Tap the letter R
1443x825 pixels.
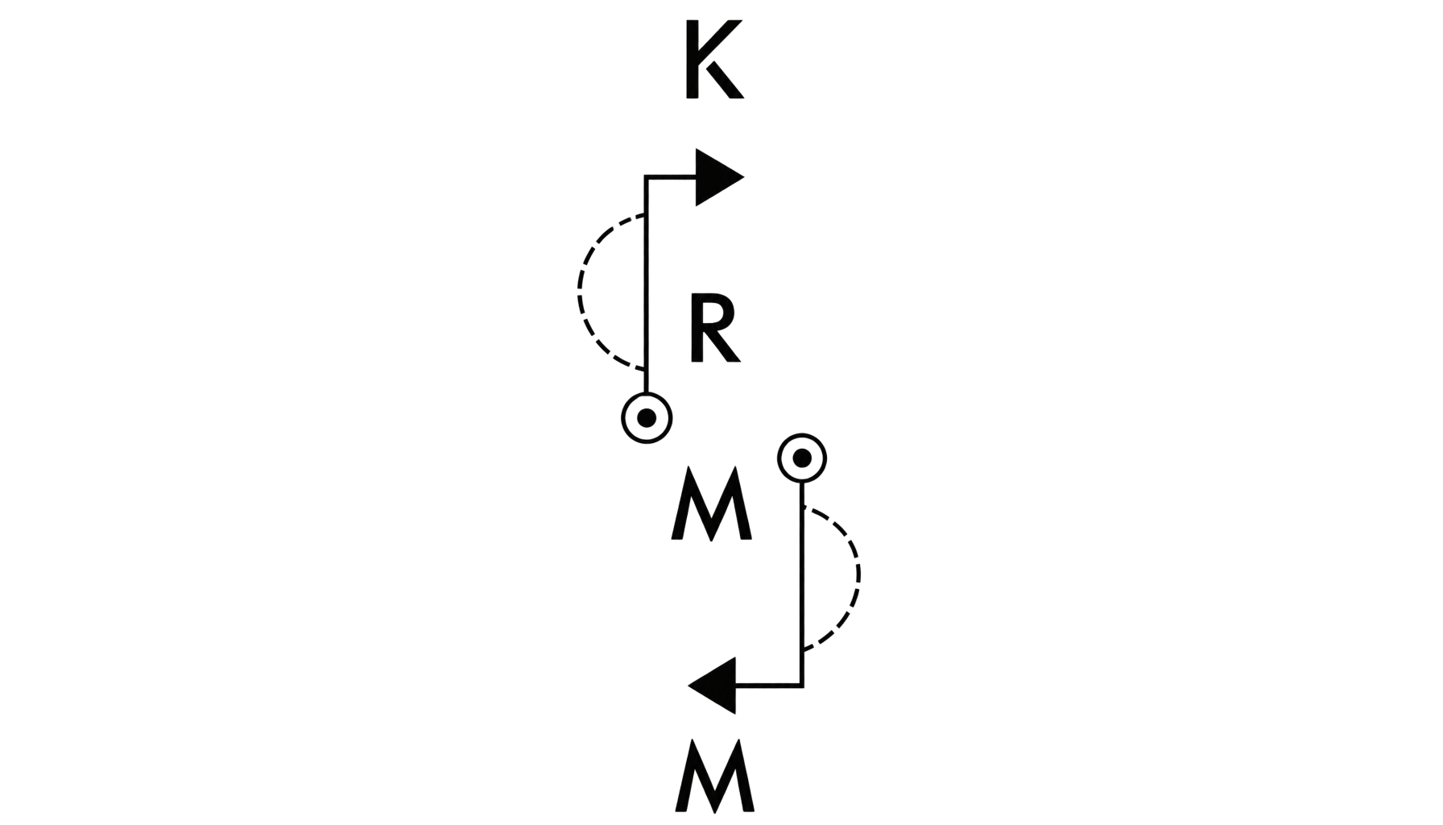(714, 330)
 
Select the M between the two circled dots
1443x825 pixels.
(712, 506)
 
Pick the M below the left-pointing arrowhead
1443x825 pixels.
(714, 777)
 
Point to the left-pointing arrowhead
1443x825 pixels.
(713, 686)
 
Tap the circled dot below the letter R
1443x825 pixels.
(647, 418)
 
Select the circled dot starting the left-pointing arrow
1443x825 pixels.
(802, 458)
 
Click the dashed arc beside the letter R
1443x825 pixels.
(578, 292)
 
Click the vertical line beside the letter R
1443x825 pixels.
(646, 285)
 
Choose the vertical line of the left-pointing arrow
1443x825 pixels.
(802, 584)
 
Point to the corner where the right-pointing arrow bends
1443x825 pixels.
(646, 177)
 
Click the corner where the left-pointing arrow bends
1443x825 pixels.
(802, 686)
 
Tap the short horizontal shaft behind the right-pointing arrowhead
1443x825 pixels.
(671, 177)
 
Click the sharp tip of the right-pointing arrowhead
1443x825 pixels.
(744, 177)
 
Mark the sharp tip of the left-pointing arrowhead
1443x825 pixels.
(688, 686)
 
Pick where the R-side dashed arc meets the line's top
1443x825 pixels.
(646, 215)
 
